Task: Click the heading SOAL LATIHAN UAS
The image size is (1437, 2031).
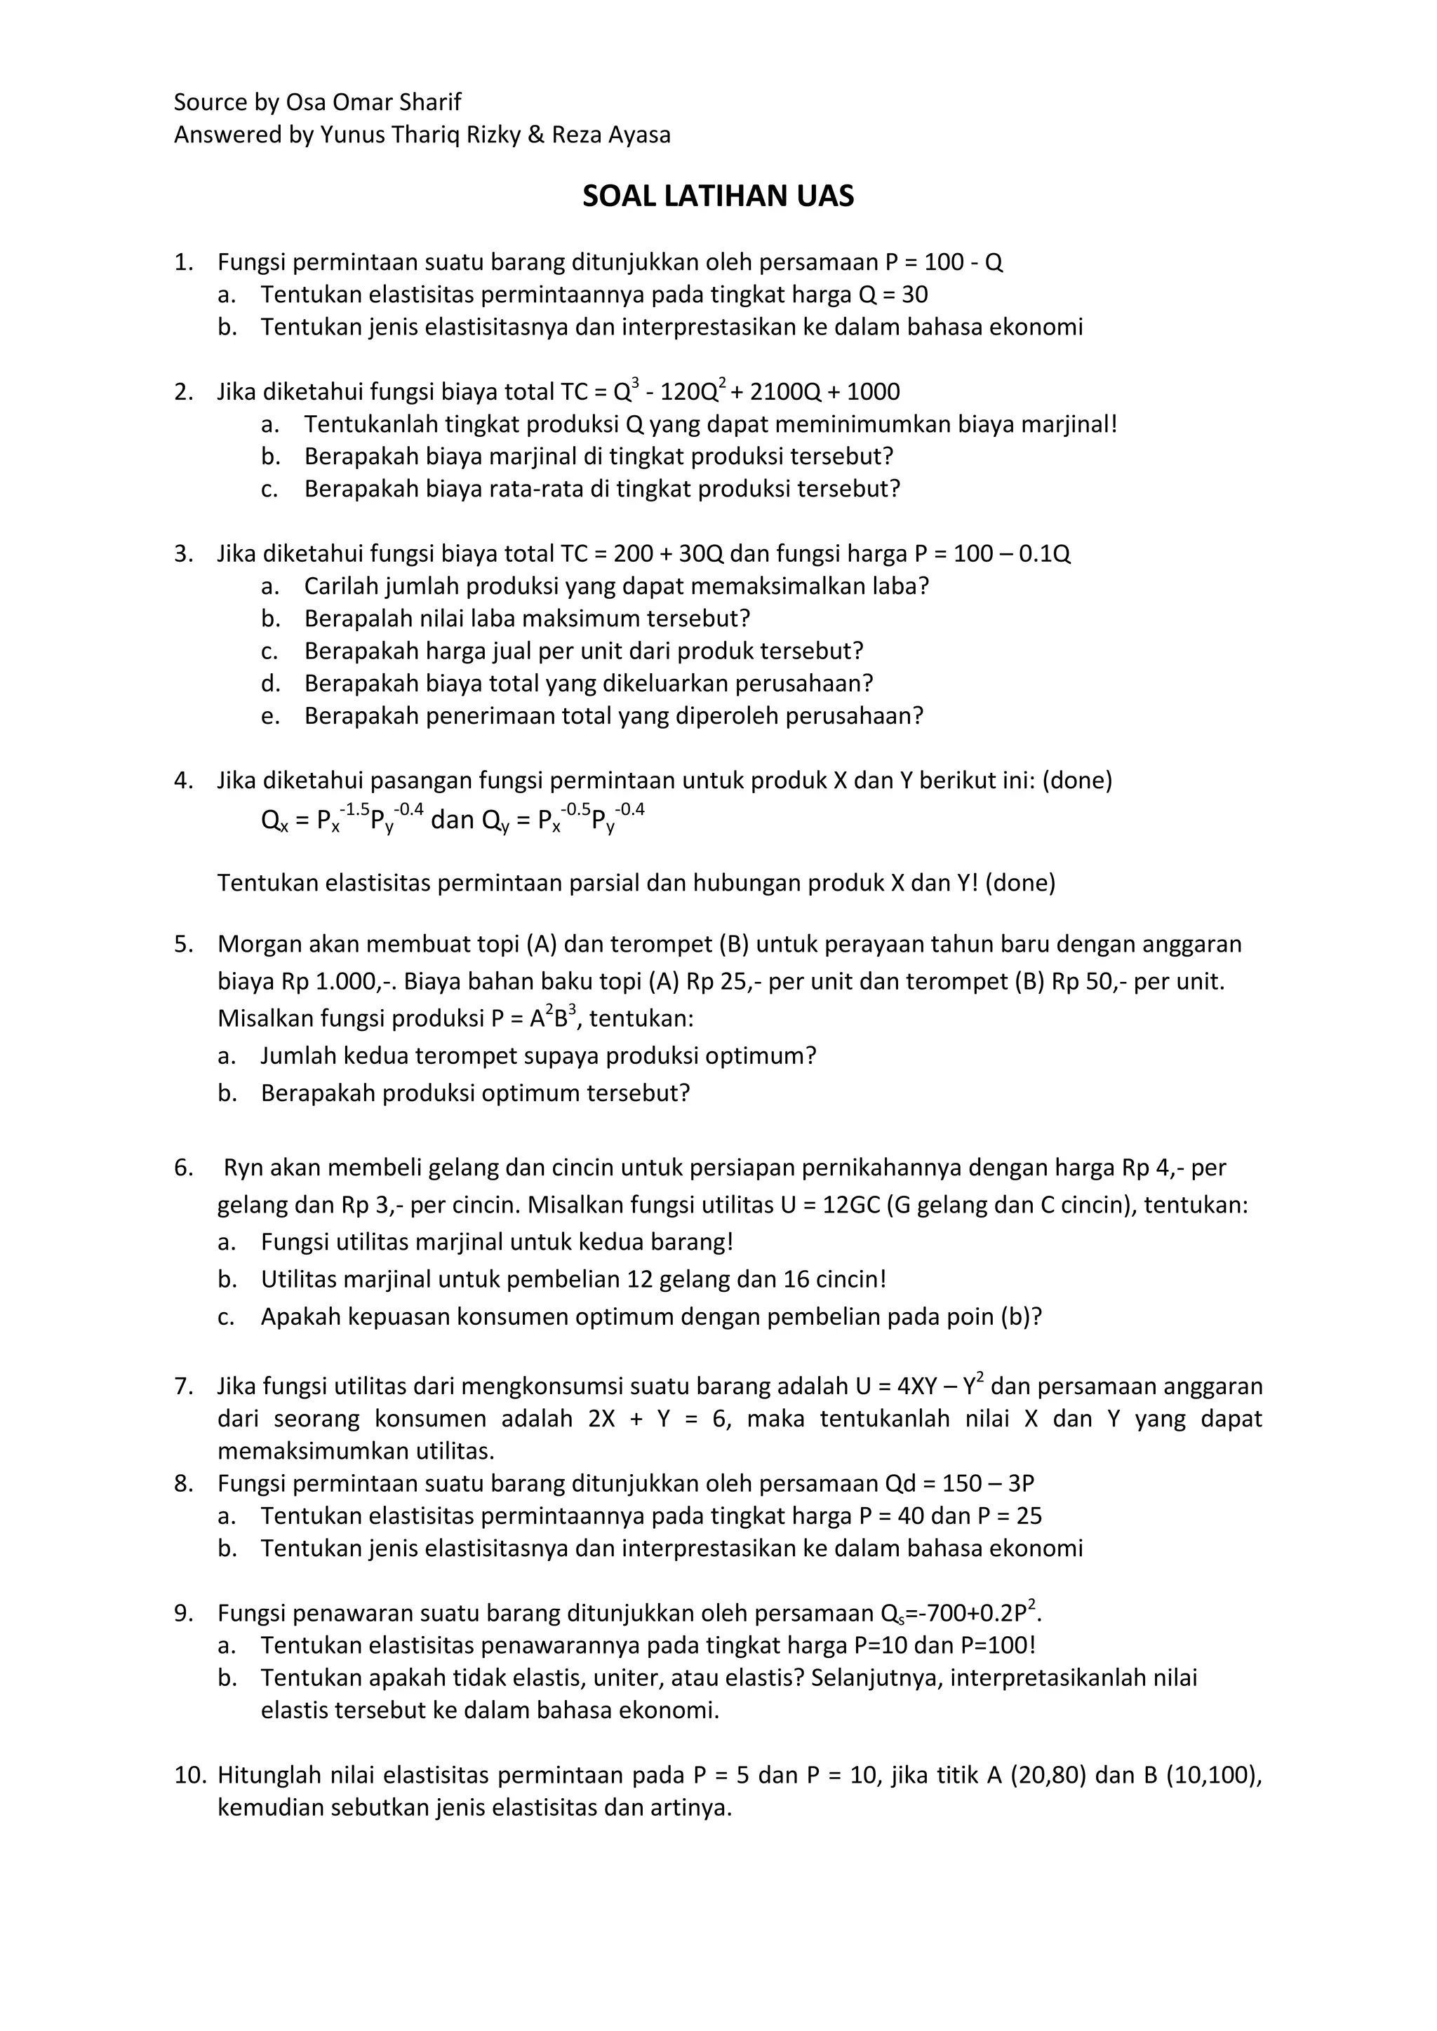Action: point(718,196)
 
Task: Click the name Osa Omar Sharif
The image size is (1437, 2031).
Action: point(373,102)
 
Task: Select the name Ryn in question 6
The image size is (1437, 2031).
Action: point(243,1168)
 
